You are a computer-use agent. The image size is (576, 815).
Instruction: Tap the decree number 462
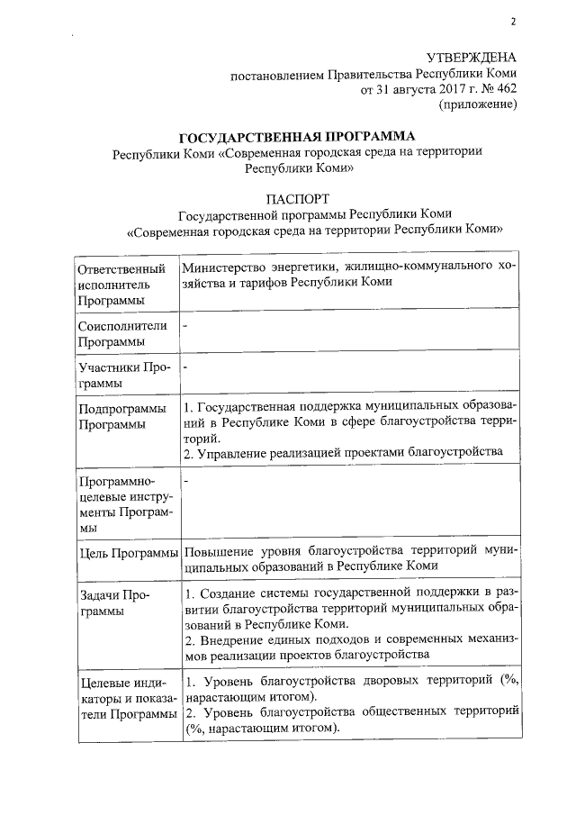(503, 90)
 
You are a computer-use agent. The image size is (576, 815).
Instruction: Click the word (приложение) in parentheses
(477, 106)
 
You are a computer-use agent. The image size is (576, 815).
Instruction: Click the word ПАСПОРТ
(298, 197)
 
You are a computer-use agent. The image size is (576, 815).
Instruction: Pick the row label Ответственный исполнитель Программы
(122, 285)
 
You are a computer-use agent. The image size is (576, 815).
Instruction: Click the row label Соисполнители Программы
(122, 334)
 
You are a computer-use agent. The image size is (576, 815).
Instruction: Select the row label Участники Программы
(122, 376)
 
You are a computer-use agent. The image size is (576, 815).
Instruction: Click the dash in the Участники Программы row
(185, 367)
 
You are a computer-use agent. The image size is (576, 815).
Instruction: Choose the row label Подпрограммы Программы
(122, 417)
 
